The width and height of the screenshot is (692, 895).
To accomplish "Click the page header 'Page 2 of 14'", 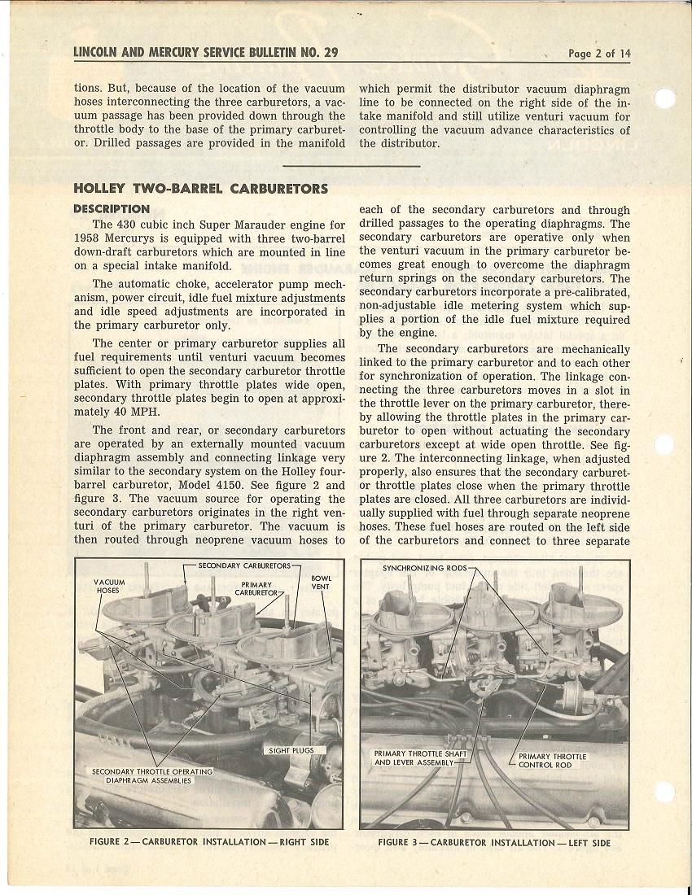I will [599, 54].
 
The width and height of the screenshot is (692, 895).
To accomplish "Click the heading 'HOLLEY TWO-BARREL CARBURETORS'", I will [200, 189].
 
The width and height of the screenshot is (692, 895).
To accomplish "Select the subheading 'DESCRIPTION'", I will [112, 209].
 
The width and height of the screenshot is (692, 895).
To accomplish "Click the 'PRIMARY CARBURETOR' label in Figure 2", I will [257, 588].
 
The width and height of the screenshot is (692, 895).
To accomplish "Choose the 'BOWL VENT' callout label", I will [321, 582].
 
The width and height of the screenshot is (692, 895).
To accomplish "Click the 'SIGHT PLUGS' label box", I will [291, 750].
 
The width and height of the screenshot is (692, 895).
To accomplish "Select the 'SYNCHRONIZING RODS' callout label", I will [425, 567].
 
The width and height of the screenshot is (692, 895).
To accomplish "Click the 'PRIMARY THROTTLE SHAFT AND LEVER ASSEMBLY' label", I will [421, 757].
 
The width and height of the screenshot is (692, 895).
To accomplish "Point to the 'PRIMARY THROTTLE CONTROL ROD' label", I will [552, 760].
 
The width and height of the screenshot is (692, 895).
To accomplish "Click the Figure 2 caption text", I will [208, 842].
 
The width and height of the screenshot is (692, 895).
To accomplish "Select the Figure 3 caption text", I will [493, 842].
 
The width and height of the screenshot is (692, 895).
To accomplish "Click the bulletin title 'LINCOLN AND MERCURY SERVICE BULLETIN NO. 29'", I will [205, 53].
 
